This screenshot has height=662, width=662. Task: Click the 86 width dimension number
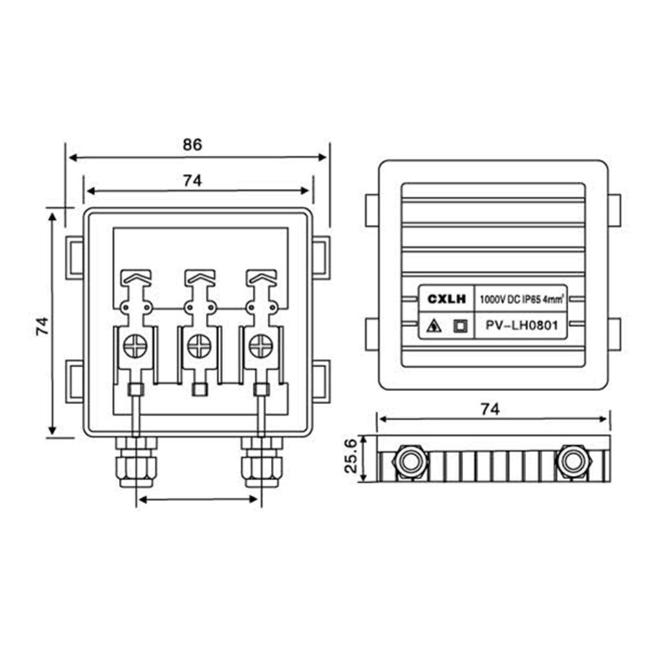192,144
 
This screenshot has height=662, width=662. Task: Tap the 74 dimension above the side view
491,409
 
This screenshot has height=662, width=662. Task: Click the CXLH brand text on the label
445,299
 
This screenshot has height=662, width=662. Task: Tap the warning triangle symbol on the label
434,326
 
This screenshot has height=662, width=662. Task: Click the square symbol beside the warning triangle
460,326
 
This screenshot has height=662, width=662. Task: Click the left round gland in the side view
409,461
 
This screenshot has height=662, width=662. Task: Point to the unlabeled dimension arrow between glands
198,499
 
